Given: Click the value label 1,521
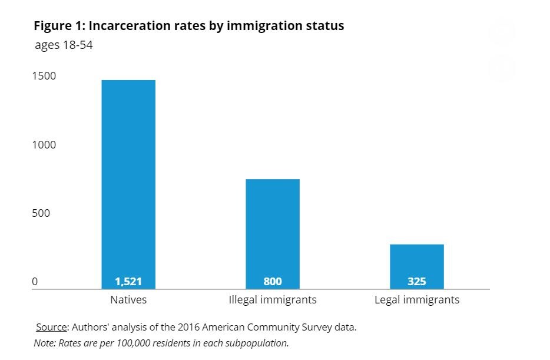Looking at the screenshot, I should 128,282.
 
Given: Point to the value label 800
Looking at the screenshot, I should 273,282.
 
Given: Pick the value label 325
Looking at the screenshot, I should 416,282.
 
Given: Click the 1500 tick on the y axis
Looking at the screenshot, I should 44,76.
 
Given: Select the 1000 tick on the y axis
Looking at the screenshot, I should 44,145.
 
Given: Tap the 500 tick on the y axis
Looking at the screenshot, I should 41,213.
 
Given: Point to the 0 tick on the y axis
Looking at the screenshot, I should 35,282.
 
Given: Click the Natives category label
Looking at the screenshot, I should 128,300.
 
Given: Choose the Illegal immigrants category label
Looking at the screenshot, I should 273,300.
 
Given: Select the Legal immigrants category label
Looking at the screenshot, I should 416,300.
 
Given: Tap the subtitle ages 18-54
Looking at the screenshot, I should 64,45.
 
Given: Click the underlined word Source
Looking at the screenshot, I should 51,327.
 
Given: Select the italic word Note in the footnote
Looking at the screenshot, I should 43,342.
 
